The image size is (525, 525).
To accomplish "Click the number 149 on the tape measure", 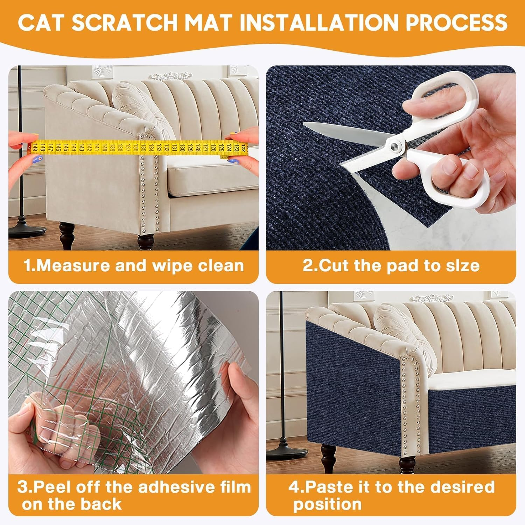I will [34, 148].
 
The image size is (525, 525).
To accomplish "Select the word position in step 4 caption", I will [327, 504].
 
